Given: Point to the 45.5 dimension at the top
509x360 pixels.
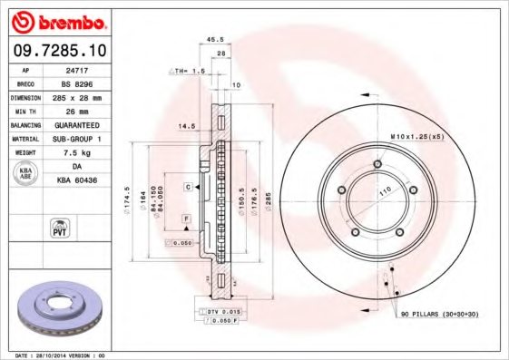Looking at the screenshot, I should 216,39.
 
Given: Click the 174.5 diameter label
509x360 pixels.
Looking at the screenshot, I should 127,205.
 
